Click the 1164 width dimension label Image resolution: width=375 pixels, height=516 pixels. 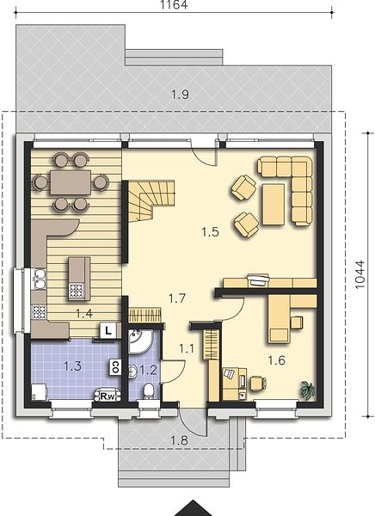[174, 4]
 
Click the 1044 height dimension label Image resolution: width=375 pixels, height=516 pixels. [360, 274]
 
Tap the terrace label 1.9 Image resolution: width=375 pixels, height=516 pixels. [180, 95]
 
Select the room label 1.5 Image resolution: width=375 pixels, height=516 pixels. [210, 232]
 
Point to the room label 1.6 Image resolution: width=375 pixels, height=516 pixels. [276, 360]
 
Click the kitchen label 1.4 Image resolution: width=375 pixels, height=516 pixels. [84, 314]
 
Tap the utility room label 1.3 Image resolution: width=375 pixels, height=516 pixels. [72, 366]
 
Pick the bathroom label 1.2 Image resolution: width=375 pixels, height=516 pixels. [148, 371]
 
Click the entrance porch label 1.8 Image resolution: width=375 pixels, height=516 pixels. [180, 440]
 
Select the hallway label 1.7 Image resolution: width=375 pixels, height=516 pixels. [177, 298]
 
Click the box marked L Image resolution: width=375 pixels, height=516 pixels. [108, 329]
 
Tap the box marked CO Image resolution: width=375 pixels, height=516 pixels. [115, 367]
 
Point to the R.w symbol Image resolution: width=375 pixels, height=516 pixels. [108, 396]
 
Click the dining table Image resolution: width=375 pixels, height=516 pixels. [71, 182]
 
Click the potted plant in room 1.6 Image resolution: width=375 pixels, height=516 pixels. [308, 390]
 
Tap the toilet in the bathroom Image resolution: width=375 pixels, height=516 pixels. [149, 390]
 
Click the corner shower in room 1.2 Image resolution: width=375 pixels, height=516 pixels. [139, 341]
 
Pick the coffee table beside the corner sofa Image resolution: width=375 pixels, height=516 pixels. [274, 205]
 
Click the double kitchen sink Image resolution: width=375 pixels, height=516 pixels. [40, 279]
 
